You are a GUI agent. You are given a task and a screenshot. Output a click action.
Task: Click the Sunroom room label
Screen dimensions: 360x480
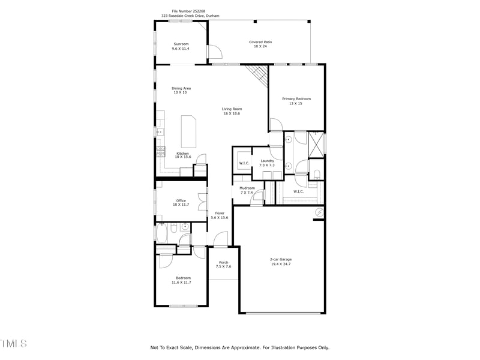point(181,44)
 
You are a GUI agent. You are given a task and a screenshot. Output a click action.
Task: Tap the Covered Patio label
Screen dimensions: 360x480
point(260,42)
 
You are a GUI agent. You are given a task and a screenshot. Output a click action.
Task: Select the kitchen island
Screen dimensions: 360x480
point(188,131)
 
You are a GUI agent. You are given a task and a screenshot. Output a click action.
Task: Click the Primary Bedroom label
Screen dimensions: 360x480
point(296,98)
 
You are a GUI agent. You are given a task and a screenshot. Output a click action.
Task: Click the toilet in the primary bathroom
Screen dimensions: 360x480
point(316,175)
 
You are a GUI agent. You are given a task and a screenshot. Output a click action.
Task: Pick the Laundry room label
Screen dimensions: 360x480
point(267,161)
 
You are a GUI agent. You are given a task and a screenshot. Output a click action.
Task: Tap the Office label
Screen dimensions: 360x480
point(181,200)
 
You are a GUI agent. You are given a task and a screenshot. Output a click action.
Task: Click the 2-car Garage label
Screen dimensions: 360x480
point(281,259)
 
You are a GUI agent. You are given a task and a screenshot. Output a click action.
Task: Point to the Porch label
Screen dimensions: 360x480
point(223,262)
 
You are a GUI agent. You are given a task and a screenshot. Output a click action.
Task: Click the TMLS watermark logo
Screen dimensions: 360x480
point(13,344)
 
